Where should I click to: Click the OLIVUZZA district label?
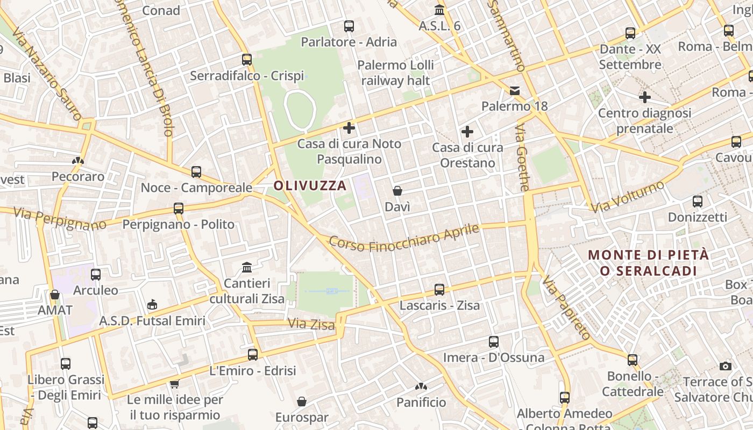coord(310,186)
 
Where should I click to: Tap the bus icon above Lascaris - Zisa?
coord(439,290)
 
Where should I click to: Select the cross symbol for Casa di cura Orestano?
coord(467,131)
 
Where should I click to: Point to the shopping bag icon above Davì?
coord(397,191)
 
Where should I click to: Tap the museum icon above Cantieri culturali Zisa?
coord(247,267)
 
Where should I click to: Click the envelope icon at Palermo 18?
coord(515,90)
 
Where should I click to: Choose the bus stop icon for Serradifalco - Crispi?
coord(247,60)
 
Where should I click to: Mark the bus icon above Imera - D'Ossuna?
coord(493,342)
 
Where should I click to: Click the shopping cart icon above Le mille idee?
coord(174,384)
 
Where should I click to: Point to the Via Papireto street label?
coord(566,307)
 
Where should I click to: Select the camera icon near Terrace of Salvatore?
coord(726,366)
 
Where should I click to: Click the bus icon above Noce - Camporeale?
coord(196,172)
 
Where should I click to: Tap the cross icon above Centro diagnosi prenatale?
coord(644,97)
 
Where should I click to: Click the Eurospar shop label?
coord(302,417)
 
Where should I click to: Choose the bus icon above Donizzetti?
coord(698,202)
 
